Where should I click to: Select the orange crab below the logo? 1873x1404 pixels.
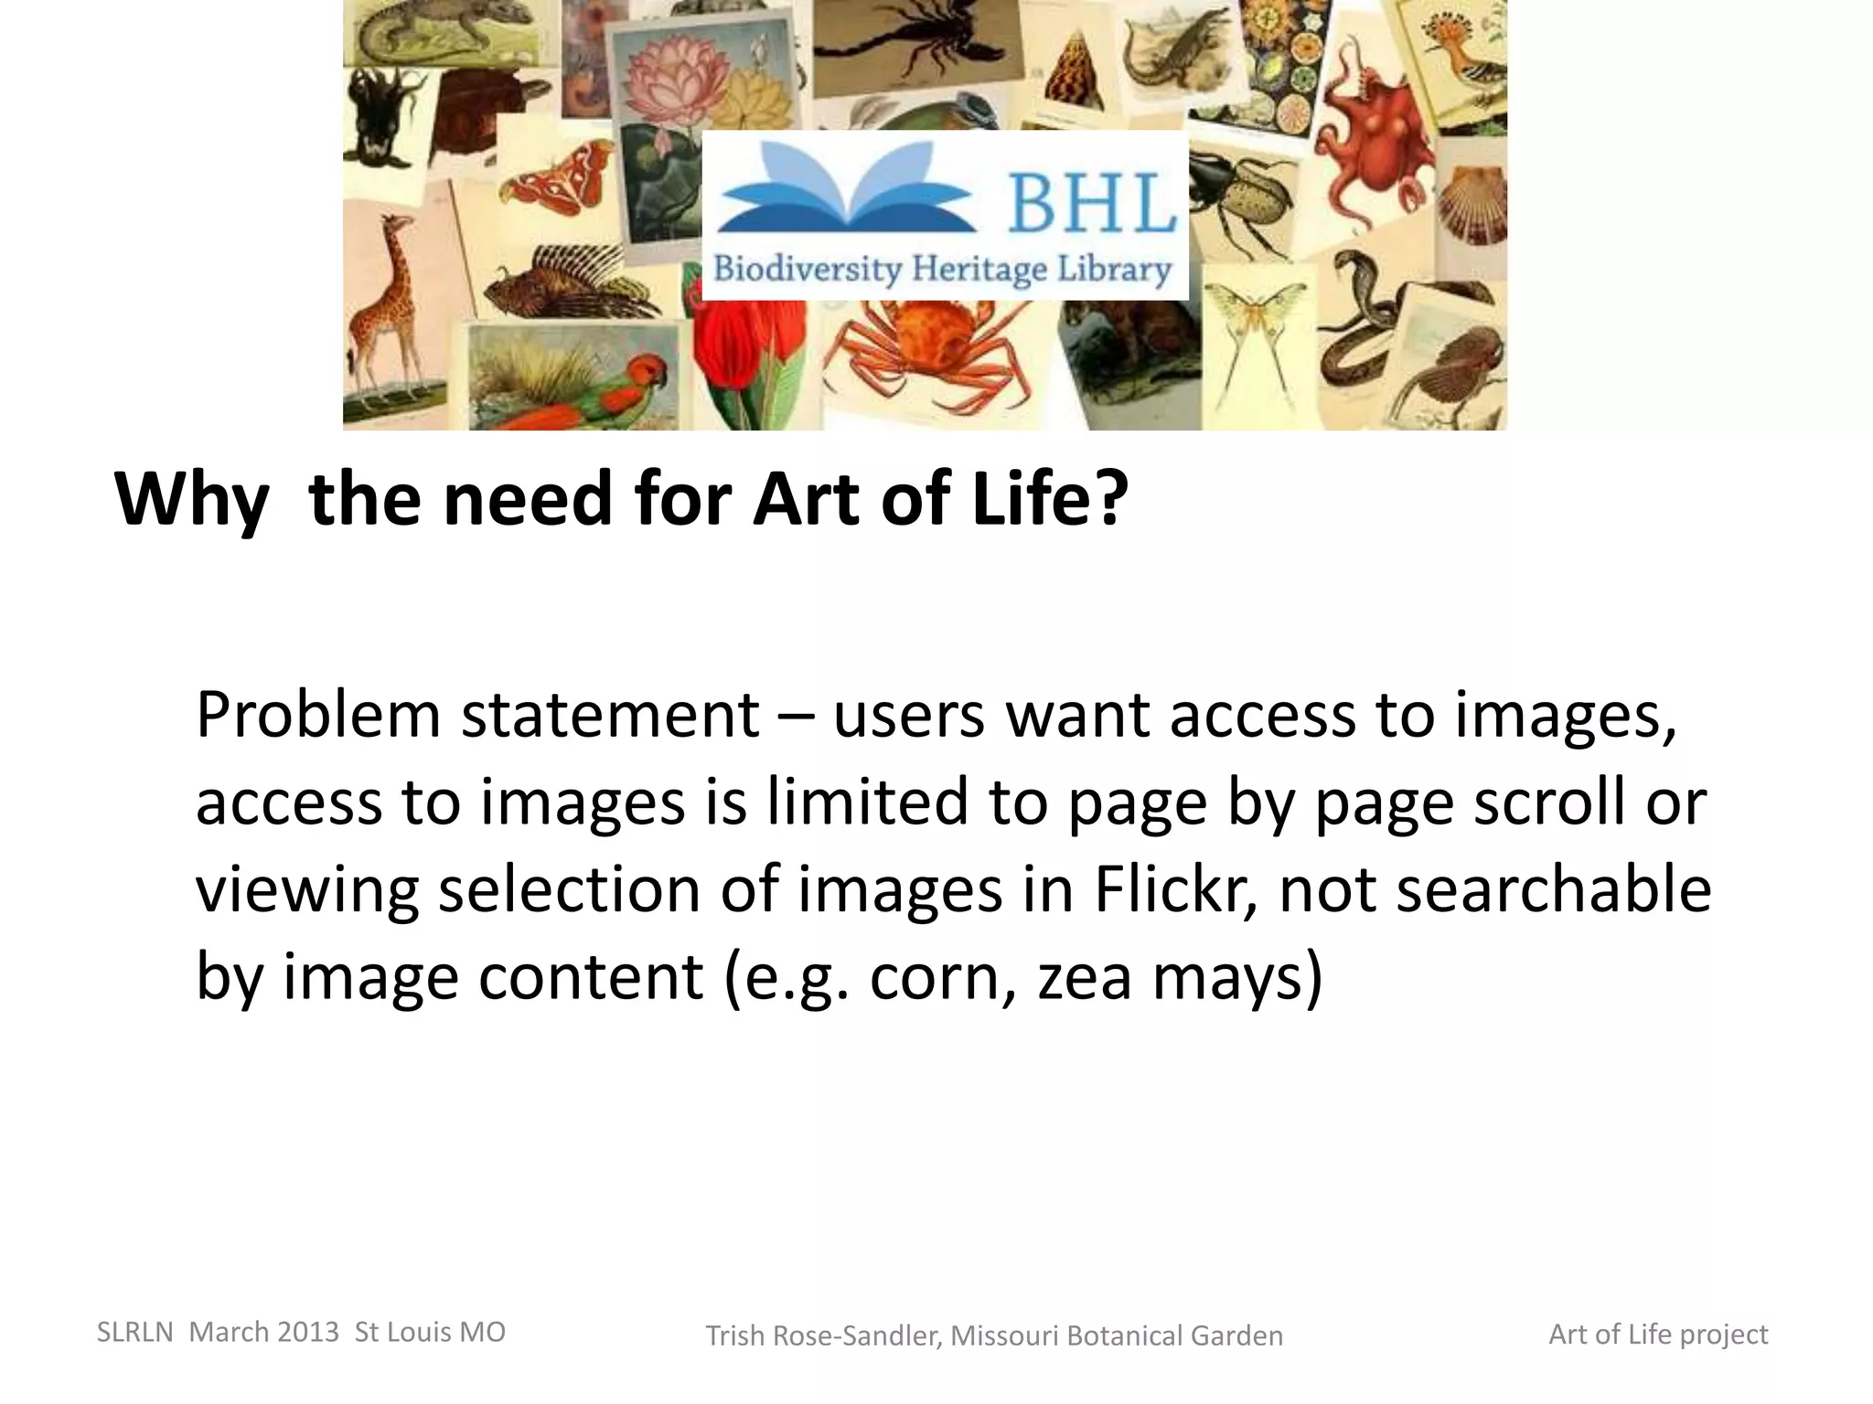click(924, 352)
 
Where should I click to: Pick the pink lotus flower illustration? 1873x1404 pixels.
click(681, 73)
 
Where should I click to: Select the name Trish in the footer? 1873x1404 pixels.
click(735, 1335)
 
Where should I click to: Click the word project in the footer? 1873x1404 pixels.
click(1723, 1335)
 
